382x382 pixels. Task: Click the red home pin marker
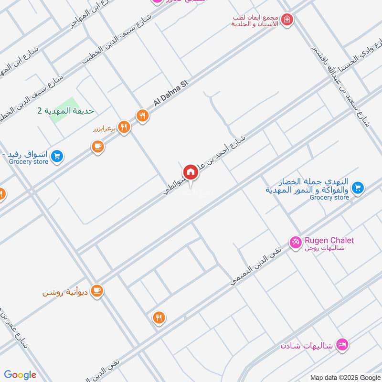(x=190, y=172)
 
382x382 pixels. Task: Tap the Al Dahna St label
(x=171, y=93)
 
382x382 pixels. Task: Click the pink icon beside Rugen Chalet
(x=296, y=243)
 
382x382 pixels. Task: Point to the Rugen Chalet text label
(x=329, y=240)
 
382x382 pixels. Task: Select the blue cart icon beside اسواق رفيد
(x=57, y=156)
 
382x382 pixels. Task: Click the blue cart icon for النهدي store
(x=358, y=188)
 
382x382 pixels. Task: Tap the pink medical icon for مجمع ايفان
(x=287, y=20)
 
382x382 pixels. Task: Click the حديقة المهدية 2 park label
(x=66, y=111)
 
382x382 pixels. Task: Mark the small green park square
(x=64, y=110)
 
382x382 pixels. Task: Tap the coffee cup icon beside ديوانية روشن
(x=97, y=290)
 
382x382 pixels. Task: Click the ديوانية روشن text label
(x=66, y=291)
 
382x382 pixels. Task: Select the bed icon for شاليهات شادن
(x=342, y=344)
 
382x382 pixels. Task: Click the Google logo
(x=20, y=375)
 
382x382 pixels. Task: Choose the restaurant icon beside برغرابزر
(x=124, y=127)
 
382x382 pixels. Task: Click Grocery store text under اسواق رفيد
(x=29, y=162)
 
